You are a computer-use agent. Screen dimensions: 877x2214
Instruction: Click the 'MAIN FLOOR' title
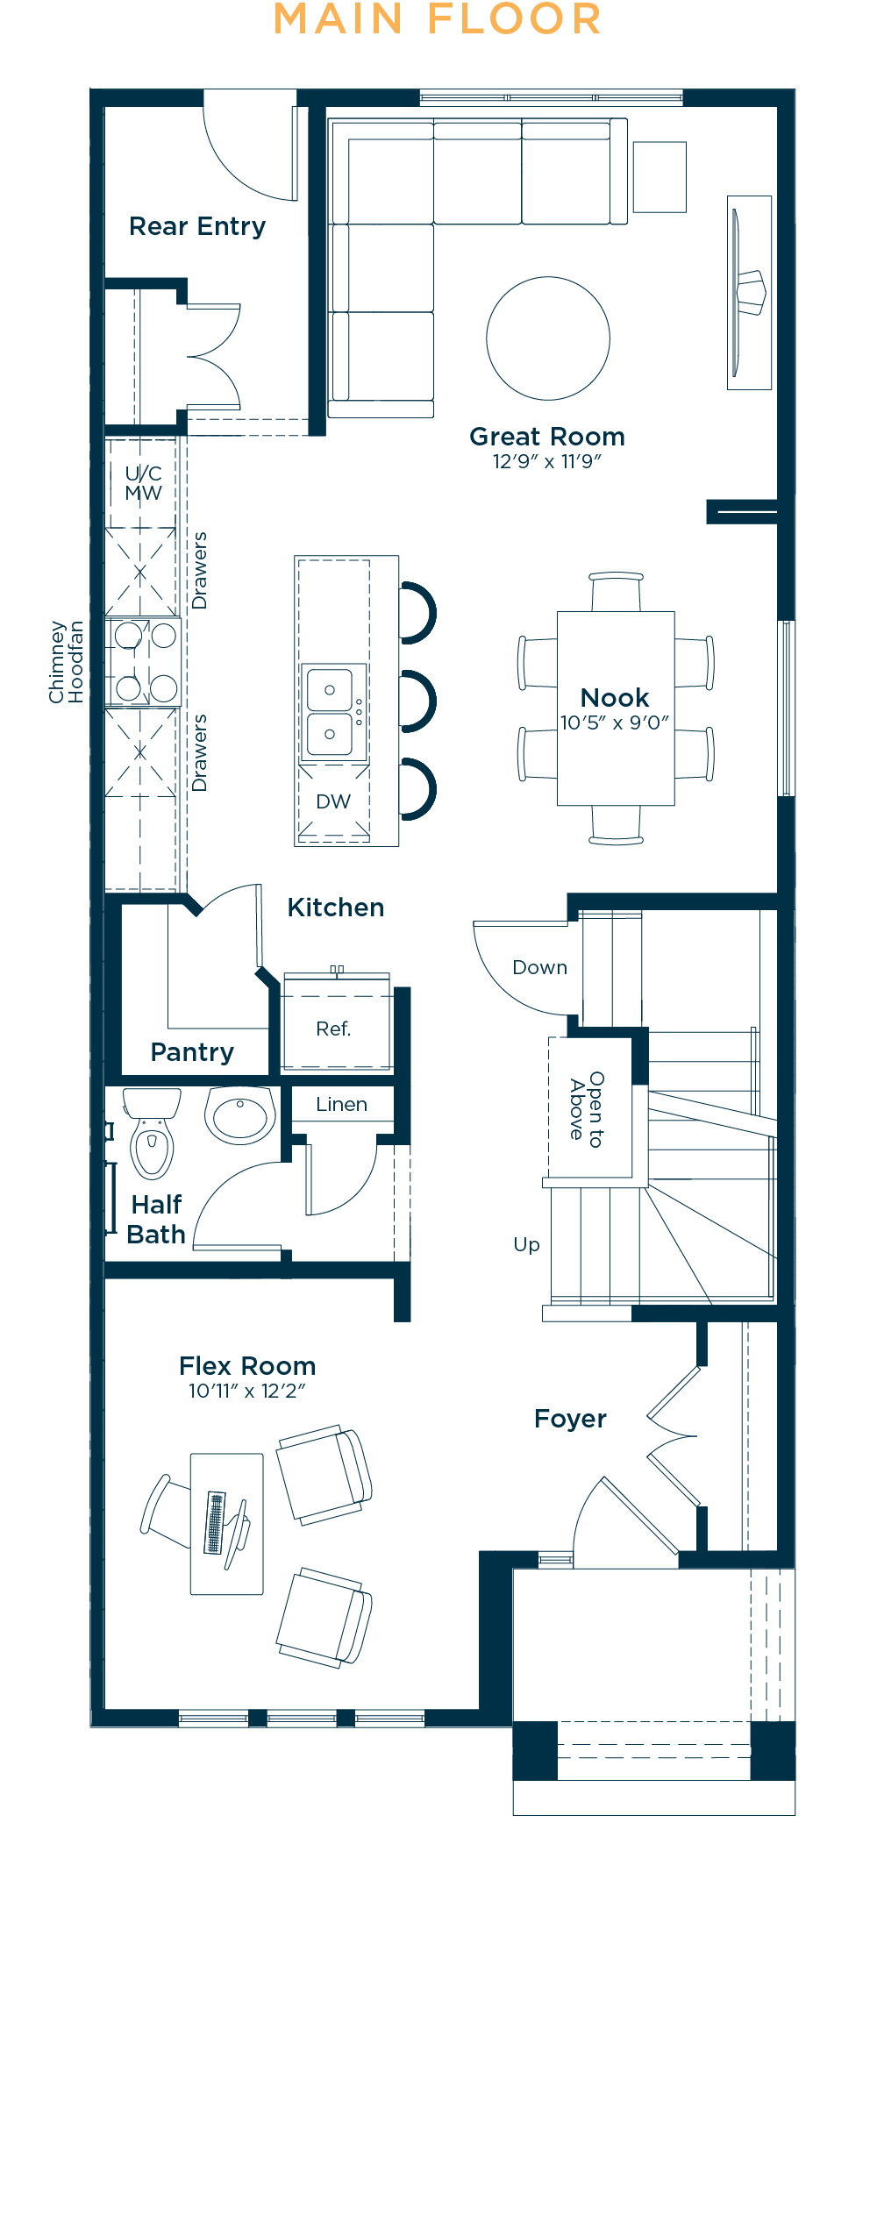(x=438, y=19)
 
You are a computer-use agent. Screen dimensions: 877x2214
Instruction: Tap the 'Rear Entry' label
(x=197, y=227)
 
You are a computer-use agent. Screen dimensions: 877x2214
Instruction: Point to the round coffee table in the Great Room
(x=548, y=338)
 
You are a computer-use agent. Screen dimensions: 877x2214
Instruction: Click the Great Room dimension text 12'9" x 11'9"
(x=547, y=461)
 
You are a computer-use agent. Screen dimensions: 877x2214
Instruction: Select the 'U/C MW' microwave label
(x=143, y=483)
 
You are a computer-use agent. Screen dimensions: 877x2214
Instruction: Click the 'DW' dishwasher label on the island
(x=333, y=801)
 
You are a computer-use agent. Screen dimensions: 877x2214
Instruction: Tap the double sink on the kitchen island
(x=330, y=711)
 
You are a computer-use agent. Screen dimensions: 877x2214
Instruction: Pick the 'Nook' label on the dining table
(x=615, y=698)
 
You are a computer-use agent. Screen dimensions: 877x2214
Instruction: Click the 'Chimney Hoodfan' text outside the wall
(x=66, y=662)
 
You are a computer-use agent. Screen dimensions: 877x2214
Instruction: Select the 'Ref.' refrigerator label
(x=333, y=1029)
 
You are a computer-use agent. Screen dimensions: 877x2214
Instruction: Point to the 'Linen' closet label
(x=341, y=1105)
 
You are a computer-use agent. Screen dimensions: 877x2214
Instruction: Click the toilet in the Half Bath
(x=152, y=1133)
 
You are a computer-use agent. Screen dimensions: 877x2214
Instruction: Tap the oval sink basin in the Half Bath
(x=240, y=1115)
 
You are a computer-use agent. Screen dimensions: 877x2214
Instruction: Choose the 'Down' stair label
(x=539, y=967)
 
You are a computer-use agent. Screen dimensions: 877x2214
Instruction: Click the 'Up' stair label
(x=526, y=1245)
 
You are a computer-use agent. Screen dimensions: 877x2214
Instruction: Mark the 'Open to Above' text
(x=587, y=1109)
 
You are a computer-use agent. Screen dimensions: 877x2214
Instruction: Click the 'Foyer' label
(x=570, y=1419)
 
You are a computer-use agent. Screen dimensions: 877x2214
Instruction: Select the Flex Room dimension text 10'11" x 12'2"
(x=247, y=1391)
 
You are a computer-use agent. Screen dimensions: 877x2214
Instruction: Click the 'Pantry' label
(x=192, y=1053)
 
